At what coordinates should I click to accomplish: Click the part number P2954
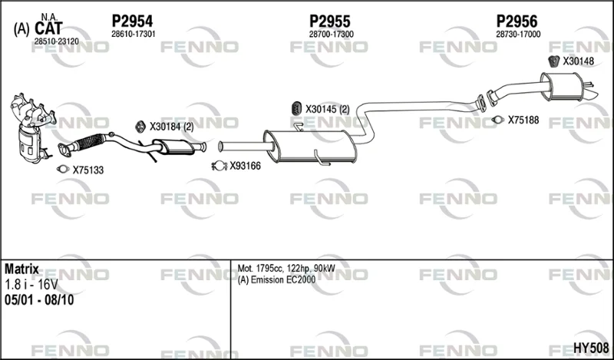coord(132,21)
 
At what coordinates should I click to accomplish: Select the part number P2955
coord(330,21)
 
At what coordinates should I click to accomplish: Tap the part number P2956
coord(517,21)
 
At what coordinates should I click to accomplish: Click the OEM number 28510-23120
coord(56,41)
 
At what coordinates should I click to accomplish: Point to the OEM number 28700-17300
coord(332,35)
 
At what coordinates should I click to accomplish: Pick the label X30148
coord(579,61)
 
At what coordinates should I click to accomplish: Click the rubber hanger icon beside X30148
coord(553,61)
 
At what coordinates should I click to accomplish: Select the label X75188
coord(523,120)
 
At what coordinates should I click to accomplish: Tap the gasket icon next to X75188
coord(497,120)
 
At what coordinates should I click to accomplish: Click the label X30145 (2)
coord(328,109)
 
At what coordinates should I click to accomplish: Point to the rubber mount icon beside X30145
coord(297,109)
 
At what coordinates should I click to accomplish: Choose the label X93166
coord(245,166)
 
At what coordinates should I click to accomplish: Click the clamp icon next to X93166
coord(219,166)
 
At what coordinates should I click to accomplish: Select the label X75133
coord(88,170)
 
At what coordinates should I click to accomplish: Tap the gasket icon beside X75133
coord(63,169)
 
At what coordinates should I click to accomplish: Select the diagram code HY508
coord(591,348)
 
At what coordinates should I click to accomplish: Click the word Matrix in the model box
coord(21,269)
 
